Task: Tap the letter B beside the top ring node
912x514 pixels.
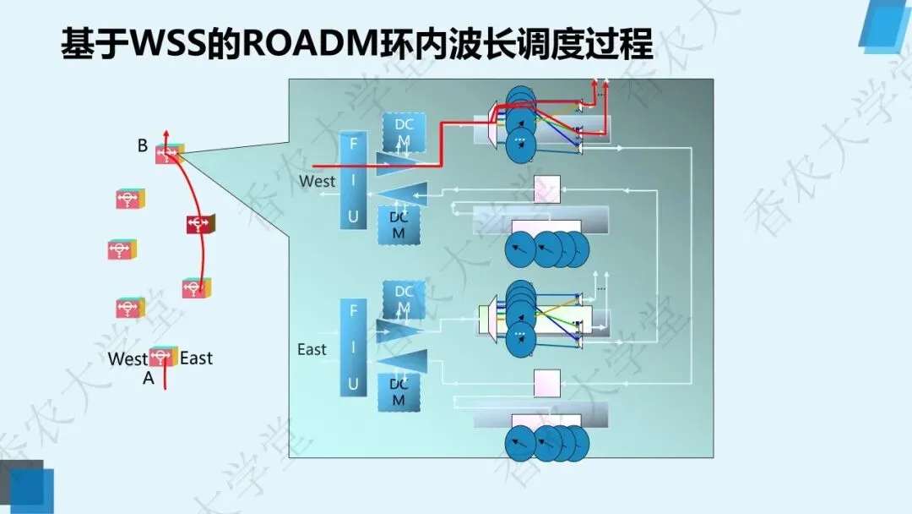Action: (x=143, y=146)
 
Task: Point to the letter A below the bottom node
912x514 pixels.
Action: (x=149, y=379)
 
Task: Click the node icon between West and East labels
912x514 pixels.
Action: (x=163, y=358)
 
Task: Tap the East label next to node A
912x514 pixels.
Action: (x=196, y=358)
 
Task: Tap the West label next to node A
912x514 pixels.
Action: (x=128, y=359)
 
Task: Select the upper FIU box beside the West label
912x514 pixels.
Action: (x=353, y=180)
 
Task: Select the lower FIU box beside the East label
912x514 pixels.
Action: (x=353, y=347)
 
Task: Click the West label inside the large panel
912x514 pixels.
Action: (x=317, y=182)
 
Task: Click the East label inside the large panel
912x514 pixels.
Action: (x=312, y=349)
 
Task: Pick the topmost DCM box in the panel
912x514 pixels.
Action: (x=404, y=132)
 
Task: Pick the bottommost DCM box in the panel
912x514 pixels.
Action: (x=399, y=391)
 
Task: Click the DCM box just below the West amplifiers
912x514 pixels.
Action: (x=399, y=225)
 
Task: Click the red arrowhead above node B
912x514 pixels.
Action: (x=166, y=134)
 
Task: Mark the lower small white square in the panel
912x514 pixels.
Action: (x=547, y=382)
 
